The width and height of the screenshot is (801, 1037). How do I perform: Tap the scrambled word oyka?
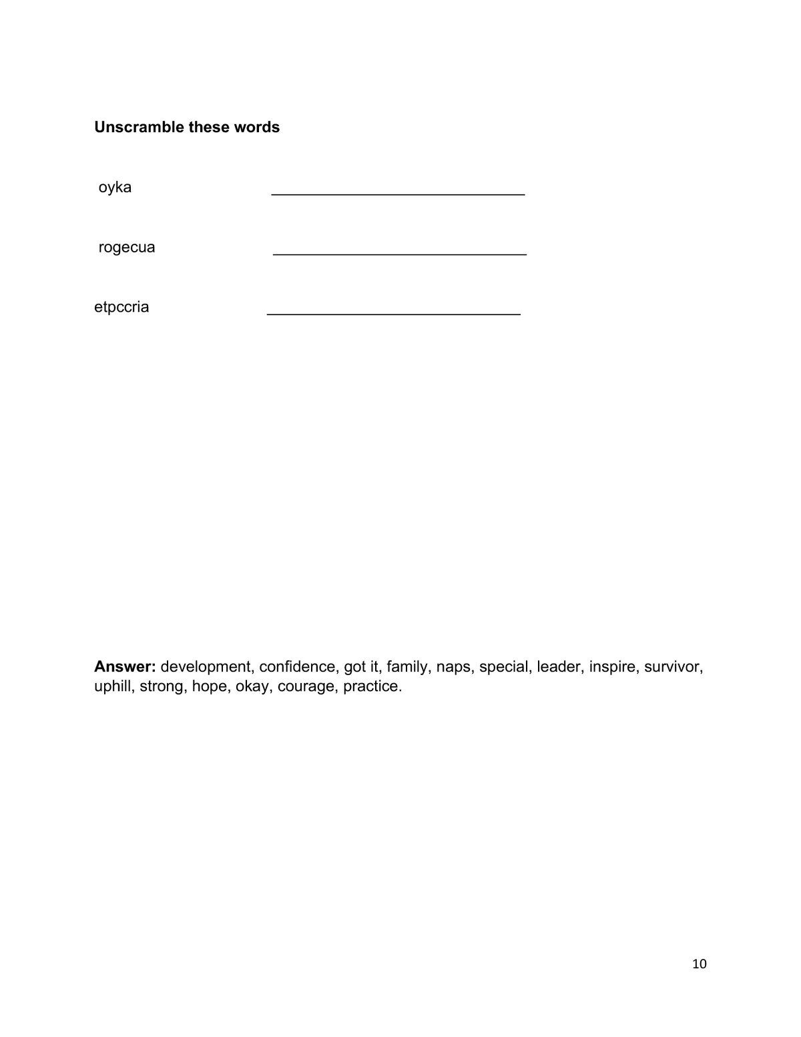point(115,188)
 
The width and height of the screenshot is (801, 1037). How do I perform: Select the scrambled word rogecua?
point(127,248)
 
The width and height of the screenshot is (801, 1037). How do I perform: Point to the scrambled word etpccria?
point(121,307)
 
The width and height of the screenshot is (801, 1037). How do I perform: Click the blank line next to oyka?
point(398,194)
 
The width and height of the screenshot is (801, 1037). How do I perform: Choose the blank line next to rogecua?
point(400,254)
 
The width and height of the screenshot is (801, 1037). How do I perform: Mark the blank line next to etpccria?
point(394,313)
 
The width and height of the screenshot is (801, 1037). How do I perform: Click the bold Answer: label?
point(125,666)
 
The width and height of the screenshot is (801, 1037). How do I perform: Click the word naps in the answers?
point(453,666)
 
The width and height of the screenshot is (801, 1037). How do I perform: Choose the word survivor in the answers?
point(673,666)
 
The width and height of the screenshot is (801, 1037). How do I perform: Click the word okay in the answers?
point(252,686)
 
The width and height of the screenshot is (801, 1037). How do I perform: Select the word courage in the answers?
point(306,686)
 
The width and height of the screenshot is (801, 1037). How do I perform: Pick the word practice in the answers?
point(372,686)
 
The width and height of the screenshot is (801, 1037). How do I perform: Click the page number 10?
point(700,964)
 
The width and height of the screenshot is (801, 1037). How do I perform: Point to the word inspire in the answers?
point(612,666)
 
